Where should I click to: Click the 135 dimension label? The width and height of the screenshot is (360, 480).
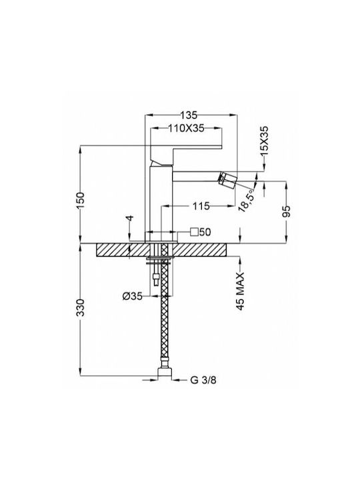click(x=188, y=115)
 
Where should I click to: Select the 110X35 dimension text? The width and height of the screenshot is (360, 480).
click(x=186, y=128)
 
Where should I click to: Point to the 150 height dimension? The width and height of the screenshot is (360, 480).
click(x=80, y=200)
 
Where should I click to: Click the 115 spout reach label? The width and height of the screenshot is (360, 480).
click(x=201, y=206)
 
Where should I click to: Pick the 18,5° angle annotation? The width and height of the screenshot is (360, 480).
click(x=247, y=200)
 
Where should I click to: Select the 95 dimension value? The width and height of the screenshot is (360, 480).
click(x=286, y=211)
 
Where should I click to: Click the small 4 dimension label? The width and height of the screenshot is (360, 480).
click(x=130, y=218)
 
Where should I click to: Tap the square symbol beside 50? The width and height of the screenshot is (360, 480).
click(x=194, y=232)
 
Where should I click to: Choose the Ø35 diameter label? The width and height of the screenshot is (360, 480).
click(x=133, y=296)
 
